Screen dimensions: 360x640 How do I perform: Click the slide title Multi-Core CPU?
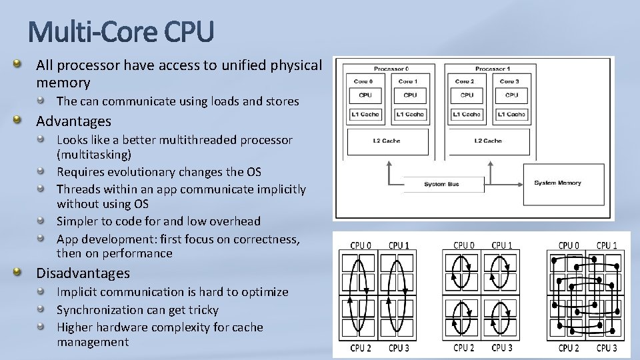tap(121, 31)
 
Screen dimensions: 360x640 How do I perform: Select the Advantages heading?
tap(73, 121)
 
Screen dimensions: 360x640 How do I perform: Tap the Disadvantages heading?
tap(83, 273)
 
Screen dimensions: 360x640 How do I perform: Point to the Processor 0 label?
tap(391, 69)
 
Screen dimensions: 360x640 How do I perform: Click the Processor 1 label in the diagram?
tap(493, 69)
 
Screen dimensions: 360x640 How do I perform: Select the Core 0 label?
tap(363, 81)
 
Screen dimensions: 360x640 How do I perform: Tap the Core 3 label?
tap(511, 81)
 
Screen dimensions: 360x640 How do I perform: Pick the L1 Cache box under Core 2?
tap(466, 114)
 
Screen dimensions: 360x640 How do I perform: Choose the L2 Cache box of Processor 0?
tap(387, 141)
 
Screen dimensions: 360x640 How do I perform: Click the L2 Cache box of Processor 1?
tap(488, 141)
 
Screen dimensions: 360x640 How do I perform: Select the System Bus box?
tap(441, 184)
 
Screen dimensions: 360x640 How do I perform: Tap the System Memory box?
tap(558, 183)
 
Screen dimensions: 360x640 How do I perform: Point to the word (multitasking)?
tap(94, 154)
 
